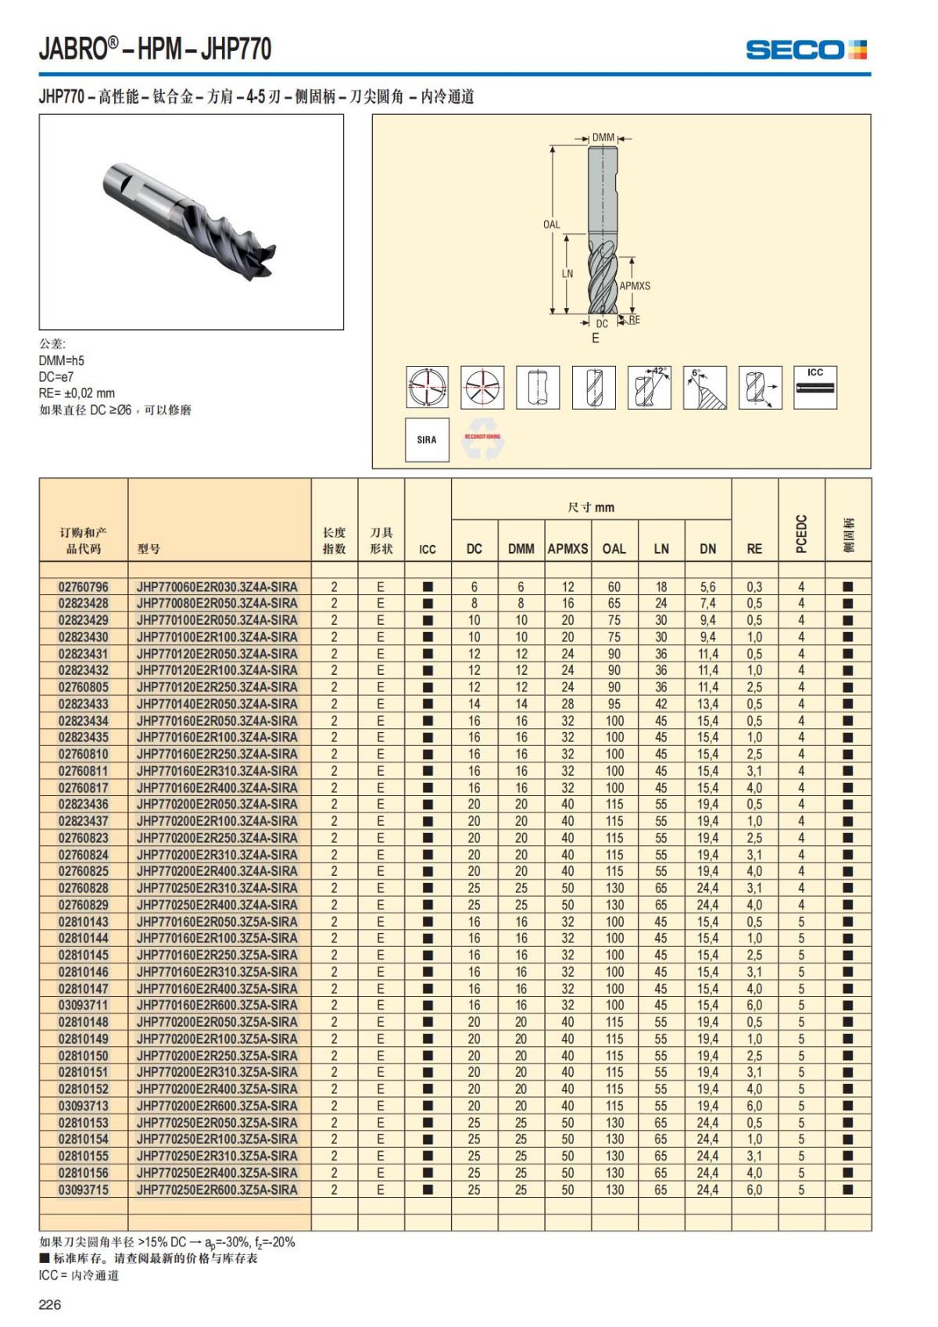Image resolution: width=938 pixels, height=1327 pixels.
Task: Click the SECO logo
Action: pyautogui.click(x=806, y=50)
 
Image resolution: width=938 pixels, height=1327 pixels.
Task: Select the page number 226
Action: pyautogui.click(x=50, y=1304)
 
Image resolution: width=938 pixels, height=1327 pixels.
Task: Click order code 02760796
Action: pyautogui.click(x=84, y=586)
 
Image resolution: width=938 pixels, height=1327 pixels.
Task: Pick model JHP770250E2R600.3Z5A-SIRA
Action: pyautogui.click(x=217, y=1189)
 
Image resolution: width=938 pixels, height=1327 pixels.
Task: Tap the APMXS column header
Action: pyautogui.click(x=567, y=549)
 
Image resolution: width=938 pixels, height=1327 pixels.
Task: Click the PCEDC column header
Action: pyautogui.click(x=801, y=534)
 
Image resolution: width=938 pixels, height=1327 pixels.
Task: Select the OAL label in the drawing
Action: pyautogui.click(x=551, y=224)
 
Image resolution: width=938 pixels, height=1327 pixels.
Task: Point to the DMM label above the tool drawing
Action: pyautogui.click(x=603, y=138)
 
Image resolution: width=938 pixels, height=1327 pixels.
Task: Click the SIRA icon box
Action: pyautogui.click(x=427, y=439)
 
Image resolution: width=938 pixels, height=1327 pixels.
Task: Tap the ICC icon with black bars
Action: pyautogui.click(x=815, y=387)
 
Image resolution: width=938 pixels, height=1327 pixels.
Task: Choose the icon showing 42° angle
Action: pyautogui.click(x=649, y=387)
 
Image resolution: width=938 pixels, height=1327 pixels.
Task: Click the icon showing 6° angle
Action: pyautogui.click(x=704, y=387)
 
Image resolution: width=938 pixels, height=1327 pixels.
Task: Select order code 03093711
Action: pyautogui.click(x=84, y=1005)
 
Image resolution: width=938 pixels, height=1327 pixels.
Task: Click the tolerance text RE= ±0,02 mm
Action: pyautogui.click(x=77, y=393)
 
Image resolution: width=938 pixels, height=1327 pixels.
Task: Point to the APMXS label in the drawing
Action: pyautogui.click(x=635, y=286)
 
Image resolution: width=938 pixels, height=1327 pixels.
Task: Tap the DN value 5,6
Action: pyautogui.click(x=707, y=586)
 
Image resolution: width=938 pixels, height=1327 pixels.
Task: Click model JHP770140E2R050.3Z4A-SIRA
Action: pyautogui.click(x=217, y=704)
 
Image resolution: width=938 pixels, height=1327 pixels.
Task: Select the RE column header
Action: pyautogui.click(x=754, y=549)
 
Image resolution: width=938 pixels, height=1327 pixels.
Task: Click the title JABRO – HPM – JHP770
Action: pyautogui.click(x=156, y=49)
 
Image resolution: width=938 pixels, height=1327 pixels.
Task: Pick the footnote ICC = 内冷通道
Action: pyautogui.click(x=79, y=1275)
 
